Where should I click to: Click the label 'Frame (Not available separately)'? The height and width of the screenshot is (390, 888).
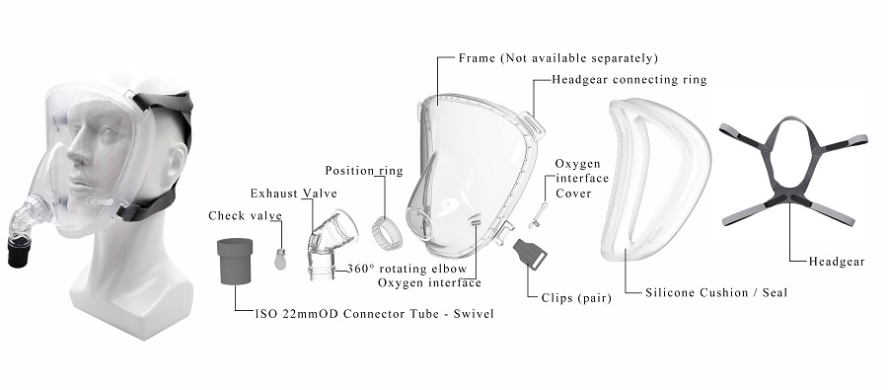pyautogui.click(x=558, y=58)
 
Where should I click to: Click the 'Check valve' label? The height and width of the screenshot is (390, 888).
pyautogui.click(x=245, y=215)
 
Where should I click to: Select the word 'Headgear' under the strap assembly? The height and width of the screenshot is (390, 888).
pyautogui.click(x=836, y=262)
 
